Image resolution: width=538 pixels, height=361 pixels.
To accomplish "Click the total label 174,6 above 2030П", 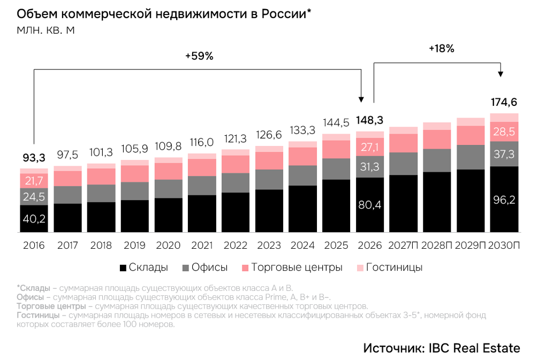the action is coord(504,102).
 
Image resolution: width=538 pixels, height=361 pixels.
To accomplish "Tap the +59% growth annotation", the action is coord(199,56).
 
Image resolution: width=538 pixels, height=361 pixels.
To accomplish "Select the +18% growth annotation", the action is coord(442,49).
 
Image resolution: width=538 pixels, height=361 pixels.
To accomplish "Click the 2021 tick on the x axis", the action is coord(202,245).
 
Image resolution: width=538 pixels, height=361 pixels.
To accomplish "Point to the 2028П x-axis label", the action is coord(437,245).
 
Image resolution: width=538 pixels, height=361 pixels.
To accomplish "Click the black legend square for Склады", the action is coord(123,268).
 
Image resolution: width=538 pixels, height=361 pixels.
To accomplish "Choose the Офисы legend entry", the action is coord(205,267).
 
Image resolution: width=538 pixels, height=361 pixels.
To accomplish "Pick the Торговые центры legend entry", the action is coord(292,267).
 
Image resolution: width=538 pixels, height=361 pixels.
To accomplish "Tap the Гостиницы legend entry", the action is coord(390,267).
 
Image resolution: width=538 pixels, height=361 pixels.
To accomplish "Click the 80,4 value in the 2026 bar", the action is coord(370,205).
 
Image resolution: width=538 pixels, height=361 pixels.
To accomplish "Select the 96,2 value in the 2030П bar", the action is coord(504,200).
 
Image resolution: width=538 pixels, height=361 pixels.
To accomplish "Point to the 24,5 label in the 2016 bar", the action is coord(34,197).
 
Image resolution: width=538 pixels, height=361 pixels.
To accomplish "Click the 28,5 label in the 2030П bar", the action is coord(504,132).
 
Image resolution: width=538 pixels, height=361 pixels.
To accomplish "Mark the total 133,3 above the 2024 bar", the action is coord(302,130).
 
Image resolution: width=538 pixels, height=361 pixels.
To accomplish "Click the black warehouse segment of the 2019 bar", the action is coord(135,216).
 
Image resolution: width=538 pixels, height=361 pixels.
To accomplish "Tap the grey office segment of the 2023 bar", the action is coord(269,179).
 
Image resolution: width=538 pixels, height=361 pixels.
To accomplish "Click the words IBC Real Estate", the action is coord(474,348).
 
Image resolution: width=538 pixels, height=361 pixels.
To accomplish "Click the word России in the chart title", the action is coord(286,14).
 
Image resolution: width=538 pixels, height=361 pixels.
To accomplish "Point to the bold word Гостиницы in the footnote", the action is coord(38,315).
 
